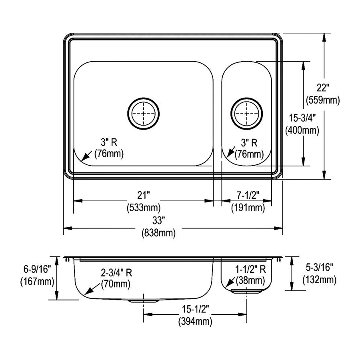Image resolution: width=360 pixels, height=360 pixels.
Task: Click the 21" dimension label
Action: pos(143,196)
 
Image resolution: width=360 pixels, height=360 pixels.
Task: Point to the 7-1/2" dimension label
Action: pos(248,196)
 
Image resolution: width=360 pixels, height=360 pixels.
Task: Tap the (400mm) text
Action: pos(302,130)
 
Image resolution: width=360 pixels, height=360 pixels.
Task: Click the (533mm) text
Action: pos(143,207)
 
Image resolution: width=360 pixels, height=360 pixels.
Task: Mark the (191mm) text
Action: pos(248,207)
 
